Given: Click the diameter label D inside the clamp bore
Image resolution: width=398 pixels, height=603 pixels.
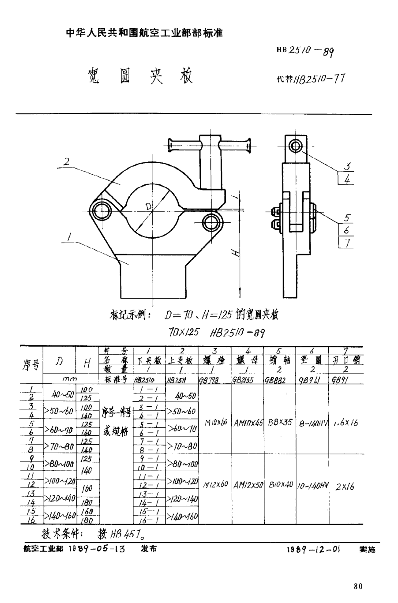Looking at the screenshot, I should (x=149, y=206).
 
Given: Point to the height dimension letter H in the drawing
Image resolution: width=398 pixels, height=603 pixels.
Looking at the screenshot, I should (x=237, y=253).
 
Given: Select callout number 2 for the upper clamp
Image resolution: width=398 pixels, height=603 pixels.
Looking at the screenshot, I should (x=66, y=161).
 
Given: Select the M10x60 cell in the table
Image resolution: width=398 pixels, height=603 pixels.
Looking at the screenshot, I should (x=215, y=422).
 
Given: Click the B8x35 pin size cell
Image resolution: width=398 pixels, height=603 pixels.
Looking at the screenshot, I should (x=280, y=422).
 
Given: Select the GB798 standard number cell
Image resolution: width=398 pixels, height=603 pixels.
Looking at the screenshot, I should (x=209, y=380).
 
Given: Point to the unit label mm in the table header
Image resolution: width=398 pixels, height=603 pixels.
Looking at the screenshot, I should (x=70, y=379).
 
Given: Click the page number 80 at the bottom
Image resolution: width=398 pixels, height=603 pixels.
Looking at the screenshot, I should (x=358, y=586).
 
